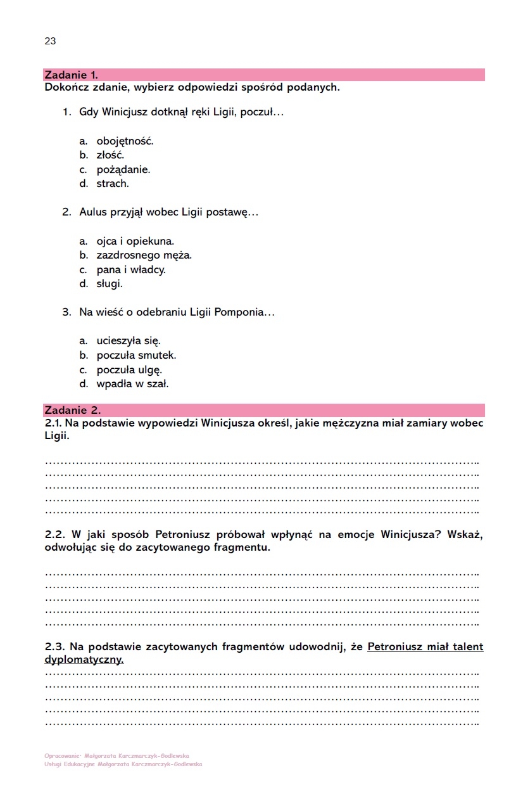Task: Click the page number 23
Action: (50, 41)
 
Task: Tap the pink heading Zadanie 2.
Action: (72, 410)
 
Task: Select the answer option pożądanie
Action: (123, 170)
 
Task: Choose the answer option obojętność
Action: (125, 141)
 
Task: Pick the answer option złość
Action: (110, 155)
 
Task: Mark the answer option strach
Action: (112, 184)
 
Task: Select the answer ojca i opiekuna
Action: (135, 241)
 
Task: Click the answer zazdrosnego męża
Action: (144, 255)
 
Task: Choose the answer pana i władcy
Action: (130, 270)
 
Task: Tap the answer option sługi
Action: (110, 284)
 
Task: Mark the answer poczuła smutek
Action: (136, 356)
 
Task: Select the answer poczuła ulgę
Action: (129, 369)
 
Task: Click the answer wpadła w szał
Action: (132, 384)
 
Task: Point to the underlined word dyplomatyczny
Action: (84, 659)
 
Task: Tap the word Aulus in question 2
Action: (93, 212)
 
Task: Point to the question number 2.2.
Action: (55, 534)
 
